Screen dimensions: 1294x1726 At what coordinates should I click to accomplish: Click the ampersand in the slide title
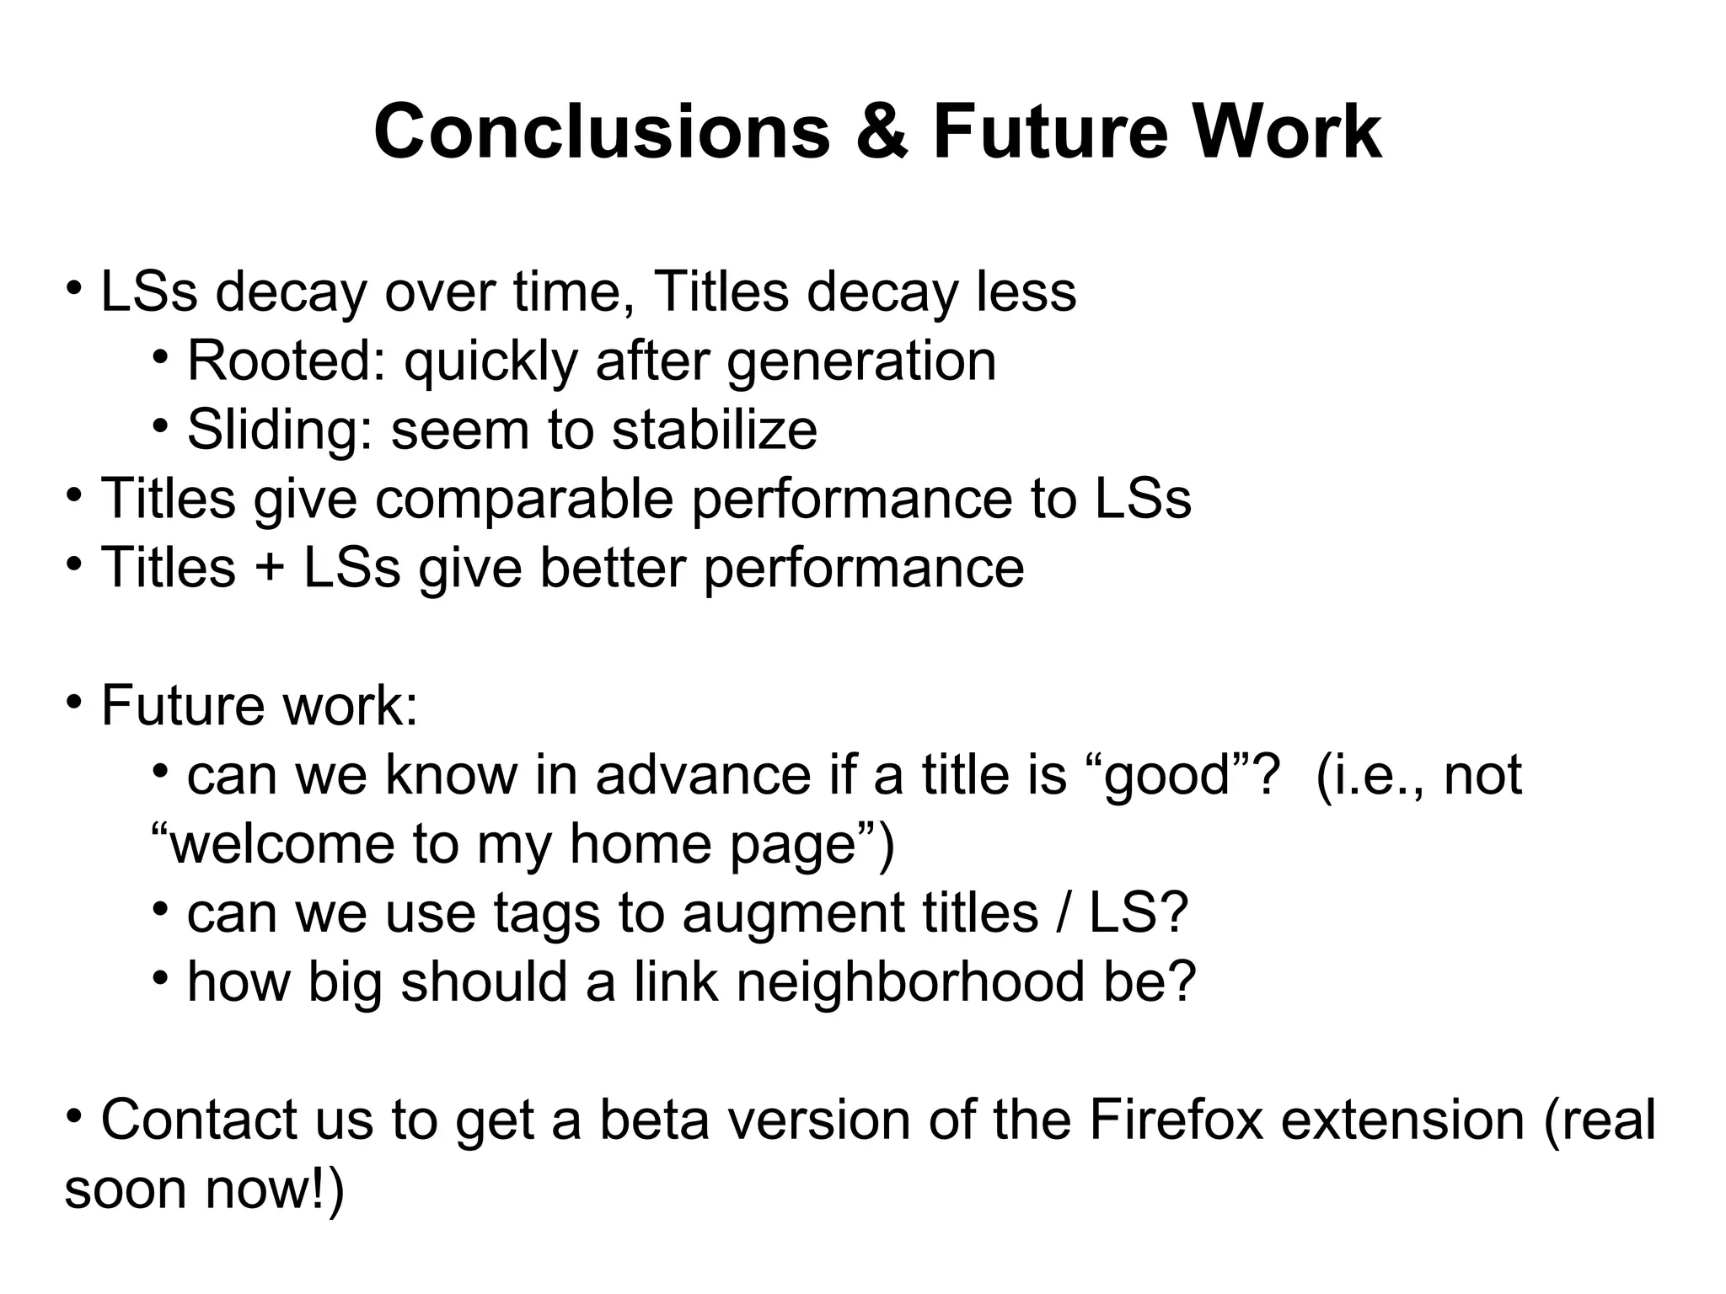tap(882, 133)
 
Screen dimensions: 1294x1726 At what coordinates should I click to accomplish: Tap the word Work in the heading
tap(1285, 133)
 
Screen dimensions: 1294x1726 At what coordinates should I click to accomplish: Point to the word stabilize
tap(714, 430)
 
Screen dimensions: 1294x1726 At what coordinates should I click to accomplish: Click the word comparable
tap(524, 499)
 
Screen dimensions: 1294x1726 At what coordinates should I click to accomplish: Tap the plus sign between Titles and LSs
tap(269, 568)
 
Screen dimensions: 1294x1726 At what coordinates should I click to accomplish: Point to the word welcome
tap(281, 844)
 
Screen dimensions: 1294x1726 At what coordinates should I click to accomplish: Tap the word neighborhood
tap(909, 982)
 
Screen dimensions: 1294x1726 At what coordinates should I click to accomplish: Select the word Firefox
tap(1177, 1120)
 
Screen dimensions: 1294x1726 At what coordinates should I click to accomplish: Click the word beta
tap(654, 1120)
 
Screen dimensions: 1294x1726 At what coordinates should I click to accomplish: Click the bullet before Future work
tap(74, 700)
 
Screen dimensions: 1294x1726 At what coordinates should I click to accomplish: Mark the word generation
tap(860, 361)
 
